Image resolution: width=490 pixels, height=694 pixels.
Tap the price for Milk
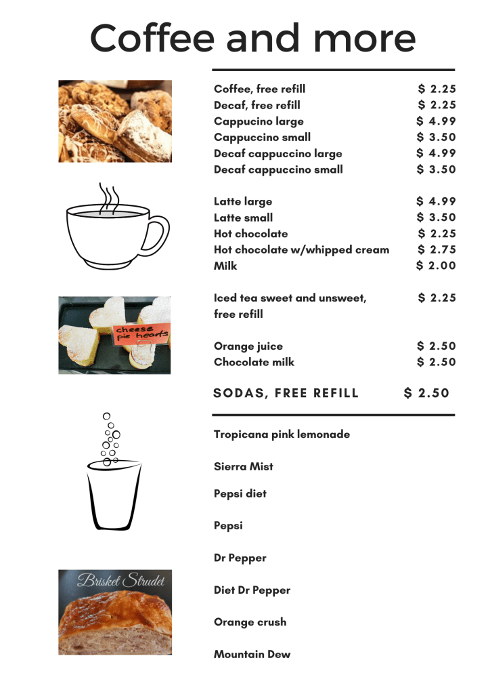tap(436, 266)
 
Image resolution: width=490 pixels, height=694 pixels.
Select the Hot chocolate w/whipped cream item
tap(301, 249)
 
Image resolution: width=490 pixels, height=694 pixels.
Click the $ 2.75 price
tap(437, 249)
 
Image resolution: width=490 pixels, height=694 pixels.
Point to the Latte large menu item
tap(243, 201)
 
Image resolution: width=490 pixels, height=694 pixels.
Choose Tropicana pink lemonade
tap(282, 434)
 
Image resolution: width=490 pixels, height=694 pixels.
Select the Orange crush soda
tap(250, 621)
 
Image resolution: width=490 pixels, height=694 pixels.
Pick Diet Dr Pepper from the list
tap(252, 590)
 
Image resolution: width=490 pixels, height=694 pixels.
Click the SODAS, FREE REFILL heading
tap(286, 393)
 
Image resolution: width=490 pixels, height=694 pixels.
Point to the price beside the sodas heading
tap(426, 393)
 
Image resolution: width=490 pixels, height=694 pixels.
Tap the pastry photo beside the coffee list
tap(114, 121)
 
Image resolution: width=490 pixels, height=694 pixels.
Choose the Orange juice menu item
tap(248, 346)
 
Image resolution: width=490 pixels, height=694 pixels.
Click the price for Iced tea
tap(437, 298)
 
